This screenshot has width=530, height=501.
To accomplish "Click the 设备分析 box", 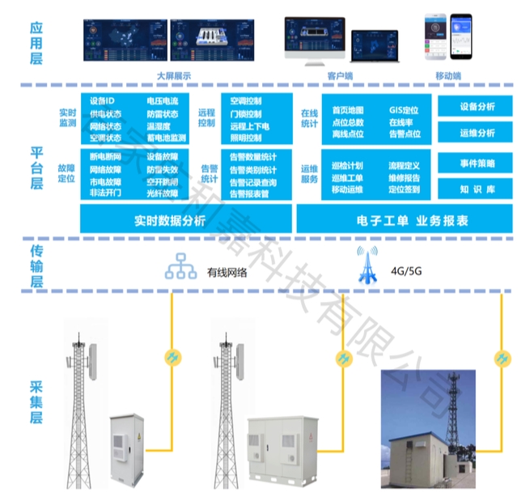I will tap(477, 107).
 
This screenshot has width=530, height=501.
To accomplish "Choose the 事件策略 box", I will tap(477, 162).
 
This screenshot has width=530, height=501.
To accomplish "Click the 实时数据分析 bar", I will tap(185, 219).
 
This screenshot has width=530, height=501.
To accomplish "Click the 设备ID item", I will tap(102, 101).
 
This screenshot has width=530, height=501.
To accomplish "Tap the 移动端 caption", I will tap(448, 76).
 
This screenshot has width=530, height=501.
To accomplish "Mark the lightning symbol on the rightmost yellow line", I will tap(502, 358).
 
